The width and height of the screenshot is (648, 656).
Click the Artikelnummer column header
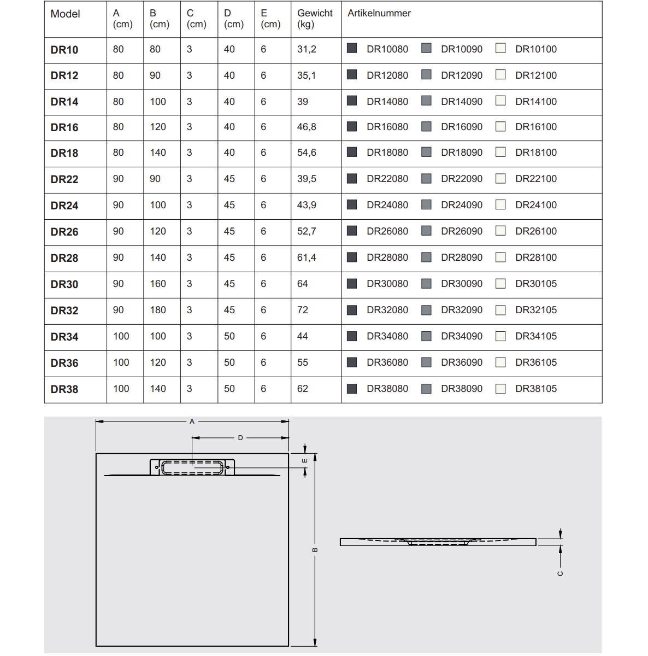(x=379, y=13)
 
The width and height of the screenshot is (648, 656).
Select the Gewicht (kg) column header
(x=315, y=19)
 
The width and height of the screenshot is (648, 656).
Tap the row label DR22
(x=64, y=179)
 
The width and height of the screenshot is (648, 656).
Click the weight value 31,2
(x=307, y=49)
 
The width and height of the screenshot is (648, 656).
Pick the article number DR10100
(x=535, y=49)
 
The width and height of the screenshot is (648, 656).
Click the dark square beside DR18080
(x=352, y=153)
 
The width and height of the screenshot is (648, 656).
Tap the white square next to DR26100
(x=500, y=231)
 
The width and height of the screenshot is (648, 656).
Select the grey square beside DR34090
(x=427, y=336)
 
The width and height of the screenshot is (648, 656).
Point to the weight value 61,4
(x=307, y=257)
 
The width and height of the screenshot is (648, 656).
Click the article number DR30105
(x=535, y=284)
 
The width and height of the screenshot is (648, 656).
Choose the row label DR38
(x=64, y=389)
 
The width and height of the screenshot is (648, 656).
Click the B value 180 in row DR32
(x=158, y=310)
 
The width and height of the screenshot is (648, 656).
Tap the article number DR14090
(x=462, y=102)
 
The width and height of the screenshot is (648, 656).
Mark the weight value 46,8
(x=307, y=127)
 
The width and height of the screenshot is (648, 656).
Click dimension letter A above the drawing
(x=192, y=421)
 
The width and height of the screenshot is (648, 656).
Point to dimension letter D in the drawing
(x=240, y=438)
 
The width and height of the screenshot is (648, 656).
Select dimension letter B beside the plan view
(x=315, y=550)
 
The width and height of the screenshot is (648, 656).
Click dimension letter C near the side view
(x=560, y=573)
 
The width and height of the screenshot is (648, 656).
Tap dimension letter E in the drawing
(x=305, y=461)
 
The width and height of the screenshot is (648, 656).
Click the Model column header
(x=65, y=14)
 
